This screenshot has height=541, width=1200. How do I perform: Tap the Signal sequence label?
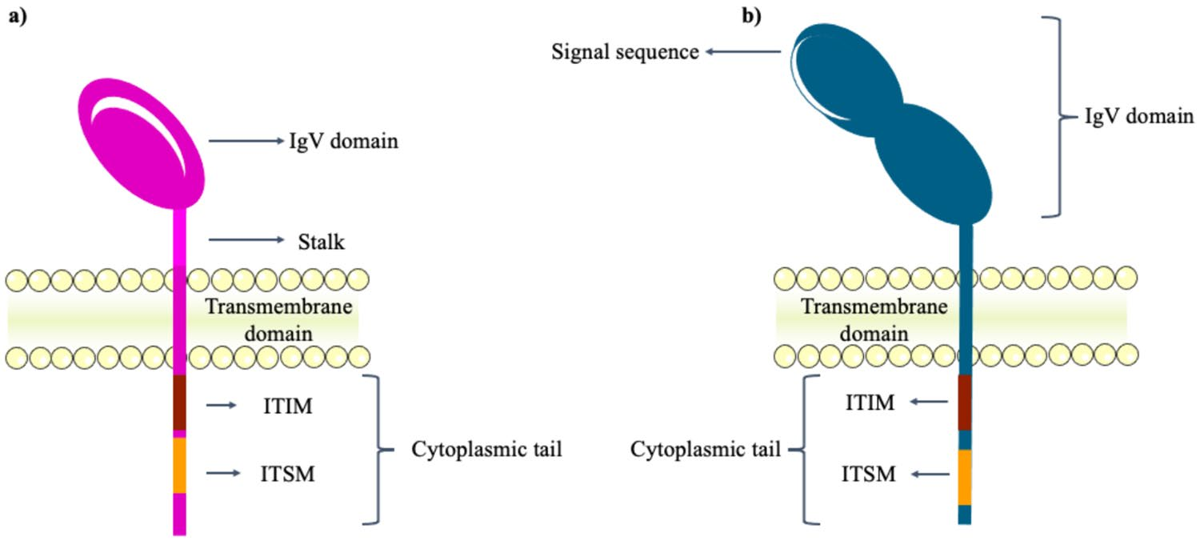[x=625, y=53]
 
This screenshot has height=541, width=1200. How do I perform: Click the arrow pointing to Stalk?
[x=246, y=240]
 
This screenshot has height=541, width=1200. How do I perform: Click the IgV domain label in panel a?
[x=343, y=143]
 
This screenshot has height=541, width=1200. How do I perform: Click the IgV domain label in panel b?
[x=1138, y=118]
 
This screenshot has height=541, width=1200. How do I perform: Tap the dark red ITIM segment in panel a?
[x=180, y=403]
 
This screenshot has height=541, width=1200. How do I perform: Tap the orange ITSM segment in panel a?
[x=180, y=465]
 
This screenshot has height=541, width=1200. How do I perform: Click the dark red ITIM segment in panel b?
[x=965, y=403]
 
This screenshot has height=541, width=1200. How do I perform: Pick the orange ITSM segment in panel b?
[x=965, y=478]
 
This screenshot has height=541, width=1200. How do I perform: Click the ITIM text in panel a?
[x=286, y=407]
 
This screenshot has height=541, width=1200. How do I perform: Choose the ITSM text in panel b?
[x=868, y=475]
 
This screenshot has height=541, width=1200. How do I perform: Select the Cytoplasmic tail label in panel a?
[x=486, y=450]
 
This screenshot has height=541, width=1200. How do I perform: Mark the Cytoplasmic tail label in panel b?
[x=706, y=450]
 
